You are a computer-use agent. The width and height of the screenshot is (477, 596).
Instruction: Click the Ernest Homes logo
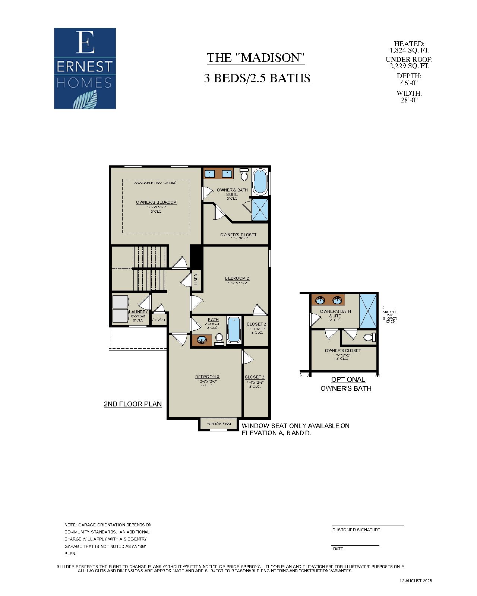(85, 69)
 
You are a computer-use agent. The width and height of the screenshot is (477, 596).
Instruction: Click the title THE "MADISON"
(256, 58)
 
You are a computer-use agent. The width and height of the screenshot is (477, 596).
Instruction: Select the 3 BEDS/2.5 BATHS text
(257, 78)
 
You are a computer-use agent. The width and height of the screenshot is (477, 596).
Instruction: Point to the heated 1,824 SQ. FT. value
(409, 50)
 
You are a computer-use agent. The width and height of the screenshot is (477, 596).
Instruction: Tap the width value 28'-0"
(409, 100)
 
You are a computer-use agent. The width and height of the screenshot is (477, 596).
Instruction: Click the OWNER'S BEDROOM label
(156, 202)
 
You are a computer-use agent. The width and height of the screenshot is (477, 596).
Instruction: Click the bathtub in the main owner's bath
(260, 181)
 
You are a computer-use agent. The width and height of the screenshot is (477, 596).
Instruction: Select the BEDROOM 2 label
(237, 278)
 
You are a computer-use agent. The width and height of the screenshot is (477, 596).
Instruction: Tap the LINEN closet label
(196, 279)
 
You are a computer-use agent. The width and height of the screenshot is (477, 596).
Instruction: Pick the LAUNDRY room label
(138, 312)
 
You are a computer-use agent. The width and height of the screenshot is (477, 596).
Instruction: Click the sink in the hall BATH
(202, 340)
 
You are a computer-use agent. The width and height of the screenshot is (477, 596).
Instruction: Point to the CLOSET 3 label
(255, 377)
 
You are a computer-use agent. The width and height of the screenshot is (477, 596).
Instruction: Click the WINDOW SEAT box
(219, 424)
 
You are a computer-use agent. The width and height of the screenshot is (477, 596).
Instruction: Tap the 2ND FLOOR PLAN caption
(133, 404)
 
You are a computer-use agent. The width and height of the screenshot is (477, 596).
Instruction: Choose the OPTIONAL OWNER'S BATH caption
(347, 384)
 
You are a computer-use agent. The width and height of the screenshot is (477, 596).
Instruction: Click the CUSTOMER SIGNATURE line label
(356, 530)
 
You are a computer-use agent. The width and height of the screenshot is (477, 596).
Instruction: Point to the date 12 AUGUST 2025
(416, 581)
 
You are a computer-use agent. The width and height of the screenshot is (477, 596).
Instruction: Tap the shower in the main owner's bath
(260, 209)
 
